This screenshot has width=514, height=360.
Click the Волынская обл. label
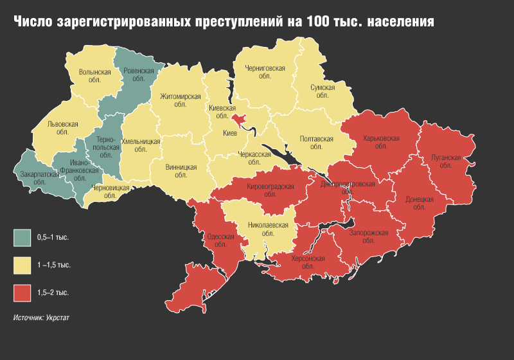click(x=94, y=76)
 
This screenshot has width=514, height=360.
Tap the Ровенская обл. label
click(x=137, y=74)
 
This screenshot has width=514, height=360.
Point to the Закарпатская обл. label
click(x=36, y=176)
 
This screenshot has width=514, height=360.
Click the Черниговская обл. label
click(x=264, y=71)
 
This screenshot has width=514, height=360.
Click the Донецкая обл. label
click(x=420, y=203)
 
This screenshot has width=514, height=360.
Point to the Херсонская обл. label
click(x=308, y=262)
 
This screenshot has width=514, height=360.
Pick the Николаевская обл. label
click(x=264, y=230)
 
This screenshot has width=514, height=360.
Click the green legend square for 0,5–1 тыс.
click(x=22, y=237)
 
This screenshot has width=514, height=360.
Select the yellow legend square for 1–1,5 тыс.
click(x=22, y=265)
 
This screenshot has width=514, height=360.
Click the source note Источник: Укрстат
click(x=42, y=317)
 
